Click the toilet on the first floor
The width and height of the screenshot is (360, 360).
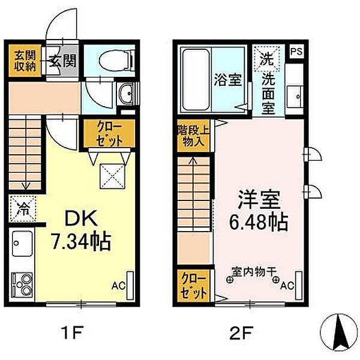pyautogui.click(x=116, y=61)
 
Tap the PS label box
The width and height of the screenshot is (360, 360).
pyautogui.click(x=296, y=51)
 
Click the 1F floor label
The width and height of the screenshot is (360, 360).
pyautogui.click(x=71, y=332)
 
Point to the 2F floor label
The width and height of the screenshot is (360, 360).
pyautogui.click(x=241, y=332)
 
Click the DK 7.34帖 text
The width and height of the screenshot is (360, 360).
pyautogui.click(x=81, y=230)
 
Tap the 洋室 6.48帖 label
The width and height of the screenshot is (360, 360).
pyautogui.click(x=259, y=211)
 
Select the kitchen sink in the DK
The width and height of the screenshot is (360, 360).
pyautogui.click(x=22, y=244)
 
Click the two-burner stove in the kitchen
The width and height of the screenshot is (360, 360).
pyautogui.click(x=22, y=284)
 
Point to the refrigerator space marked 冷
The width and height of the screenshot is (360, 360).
pyautogui.click(x=23, y=209)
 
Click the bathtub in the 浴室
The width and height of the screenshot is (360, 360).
pyautogui.click(x=196, y=80)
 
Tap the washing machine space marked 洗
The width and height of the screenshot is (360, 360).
pyautogui.click(x=267, y=59)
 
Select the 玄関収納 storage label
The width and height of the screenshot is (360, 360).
pyautogui.click(x=25, y=61)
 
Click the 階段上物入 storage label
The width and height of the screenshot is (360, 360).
pyautogui.click(x=193, y=136)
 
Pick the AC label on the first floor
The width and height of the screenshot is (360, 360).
pyautogui.click(x=118, y=286)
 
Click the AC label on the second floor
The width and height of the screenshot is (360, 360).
pyautogui.click(x=287, y=286)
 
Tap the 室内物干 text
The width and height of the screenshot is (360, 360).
pyautogui.click(x=253, y=272)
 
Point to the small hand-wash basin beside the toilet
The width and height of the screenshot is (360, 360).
pyautogui.click(x=125, y=94)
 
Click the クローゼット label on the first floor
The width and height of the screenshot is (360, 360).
pyautogui.click(x=109, y=134)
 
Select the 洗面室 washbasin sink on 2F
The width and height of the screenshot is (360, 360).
pyautogui.click(x=295, y=97)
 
